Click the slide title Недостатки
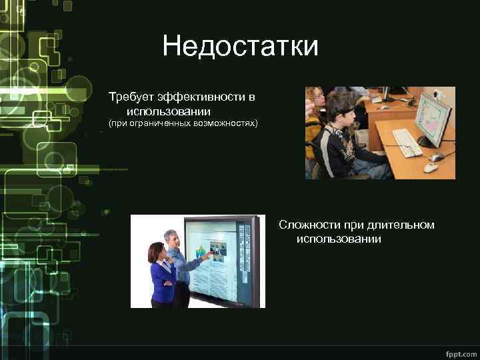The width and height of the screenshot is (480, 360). [x=240, y=47]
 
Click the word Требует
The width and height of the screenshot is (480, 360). [x=131, y=98]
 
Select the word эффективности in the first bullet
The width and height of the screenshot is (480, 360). [x=199, y=98]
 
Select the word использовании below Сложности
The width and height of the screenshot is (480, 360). [x=339, y=239]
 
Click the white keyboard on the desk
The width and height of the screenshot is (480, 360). [x=407, y=141]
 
